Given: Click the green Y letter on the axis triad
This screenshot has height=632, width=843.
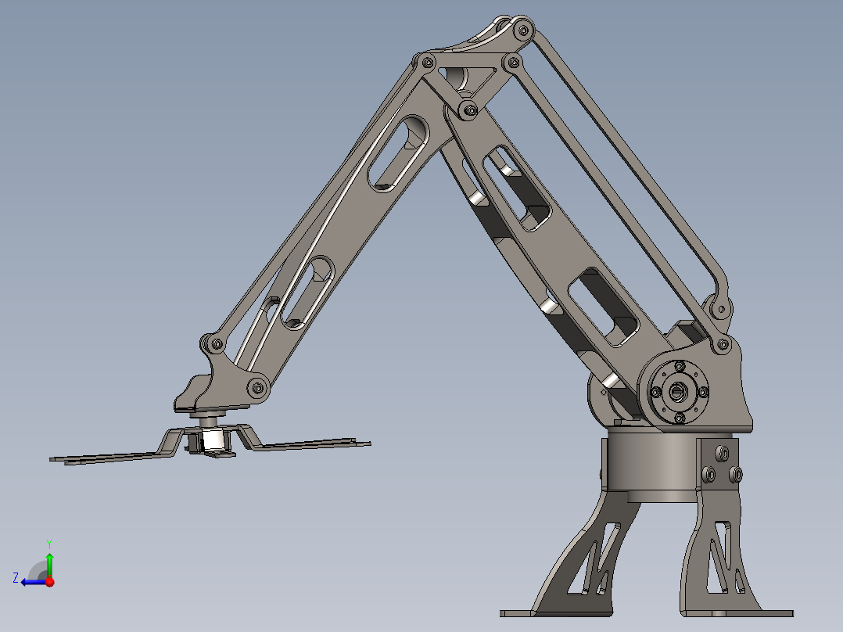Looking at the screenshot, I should click(48, 542).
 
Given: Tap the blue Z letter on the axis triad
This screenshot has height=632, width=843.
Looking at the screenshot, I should click(16, 578).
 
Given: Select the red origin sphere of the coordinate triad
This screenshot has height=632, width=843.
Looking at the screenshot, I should click(49, 581).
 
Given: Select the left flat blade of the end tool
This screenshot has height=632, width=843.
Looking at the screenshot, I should click(109, 457).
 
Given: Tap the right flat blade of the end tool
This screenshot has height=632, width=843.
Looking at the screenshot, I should click(313, 444).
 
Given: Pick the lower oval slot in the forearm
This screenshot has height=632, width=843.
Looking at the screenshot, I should click(308, 291).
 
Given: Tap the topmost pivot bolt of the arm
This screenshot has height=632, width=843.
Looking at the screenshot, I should click(521, 30).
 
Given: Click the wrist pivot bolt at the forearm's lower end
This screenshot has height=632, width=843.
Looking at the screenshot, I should click(257, 386).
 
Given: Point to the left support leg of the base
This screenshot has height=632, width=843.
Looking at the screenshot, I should click(583, 563).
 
